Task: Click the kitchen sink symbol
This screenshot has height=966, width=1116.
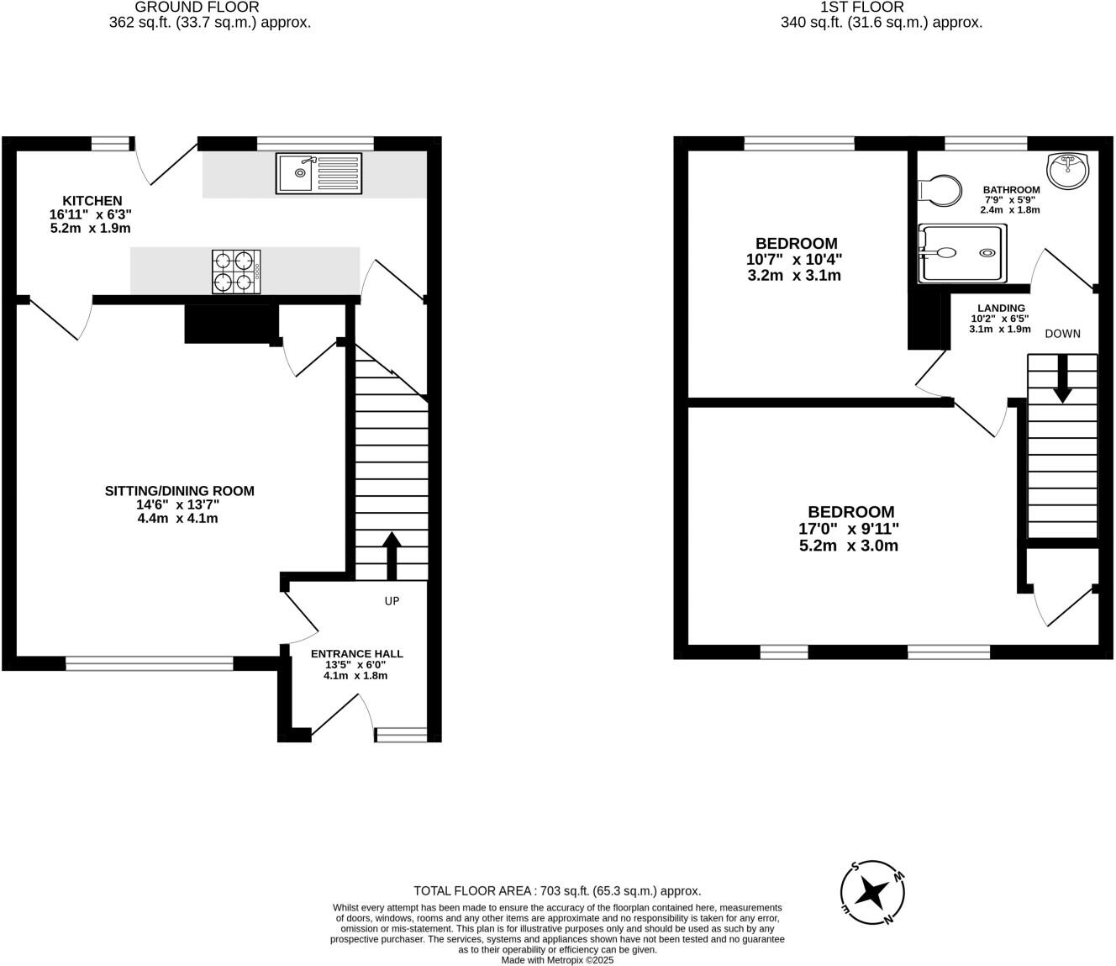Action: pyautogui.click(x=318, y=173)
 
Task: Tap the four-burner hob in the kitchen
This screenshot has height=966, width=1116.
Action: pyautogui.click(x=236, y=272)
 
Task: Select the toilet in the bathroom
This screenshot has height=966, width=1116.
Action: pyautogui.click(x=940, y=191)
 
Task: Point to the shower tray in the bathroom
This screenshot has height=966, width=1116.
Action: pyautogui.click(x=961, y=253)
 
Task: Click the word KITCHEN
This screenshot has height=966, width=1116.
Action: pyautogui.click(x=92, y=201)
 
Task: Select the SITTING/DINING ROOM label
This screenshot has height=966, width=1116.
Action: pyautogui.click(x=179, y=491)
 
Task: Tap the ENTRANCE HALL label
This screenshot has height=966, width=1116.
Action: pyautogui.click(x=356, y=653)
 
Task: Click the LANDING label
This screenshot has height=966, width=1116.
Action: pyautogui.click(x=1000, y=308)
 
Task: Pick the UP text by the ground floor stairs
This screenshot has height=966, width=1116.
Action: pyautogui.click(x=392, y=601)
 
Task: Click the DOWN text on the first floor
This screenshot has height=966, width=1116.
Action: pyautogui.click(x=1062, y=334)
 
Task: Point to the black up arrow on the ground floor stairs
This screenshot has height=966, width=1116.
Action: pyautogui.click(x=391, y=555)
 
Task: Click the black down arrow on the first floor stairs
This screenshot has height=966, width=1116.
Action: pyautogui.click(x=1062, y=380)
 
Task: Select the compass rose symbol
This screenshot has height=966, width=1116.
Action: pyautogui.click(x=873, y=893)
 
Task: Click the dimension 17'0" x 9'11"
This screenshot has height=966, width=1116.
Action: pyautogui.click(x=849, y=529)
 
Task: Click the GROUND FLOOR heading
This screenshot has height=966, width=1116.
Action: pyautogui.click(x=197, y=8)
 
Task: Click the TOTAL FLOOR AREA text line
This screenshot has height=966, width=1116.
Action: pyautogui.click(x=557, y=891)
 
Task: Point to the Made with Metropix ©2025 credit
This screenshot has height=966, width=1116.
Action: pyautogui.click(x=557, y=959)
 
